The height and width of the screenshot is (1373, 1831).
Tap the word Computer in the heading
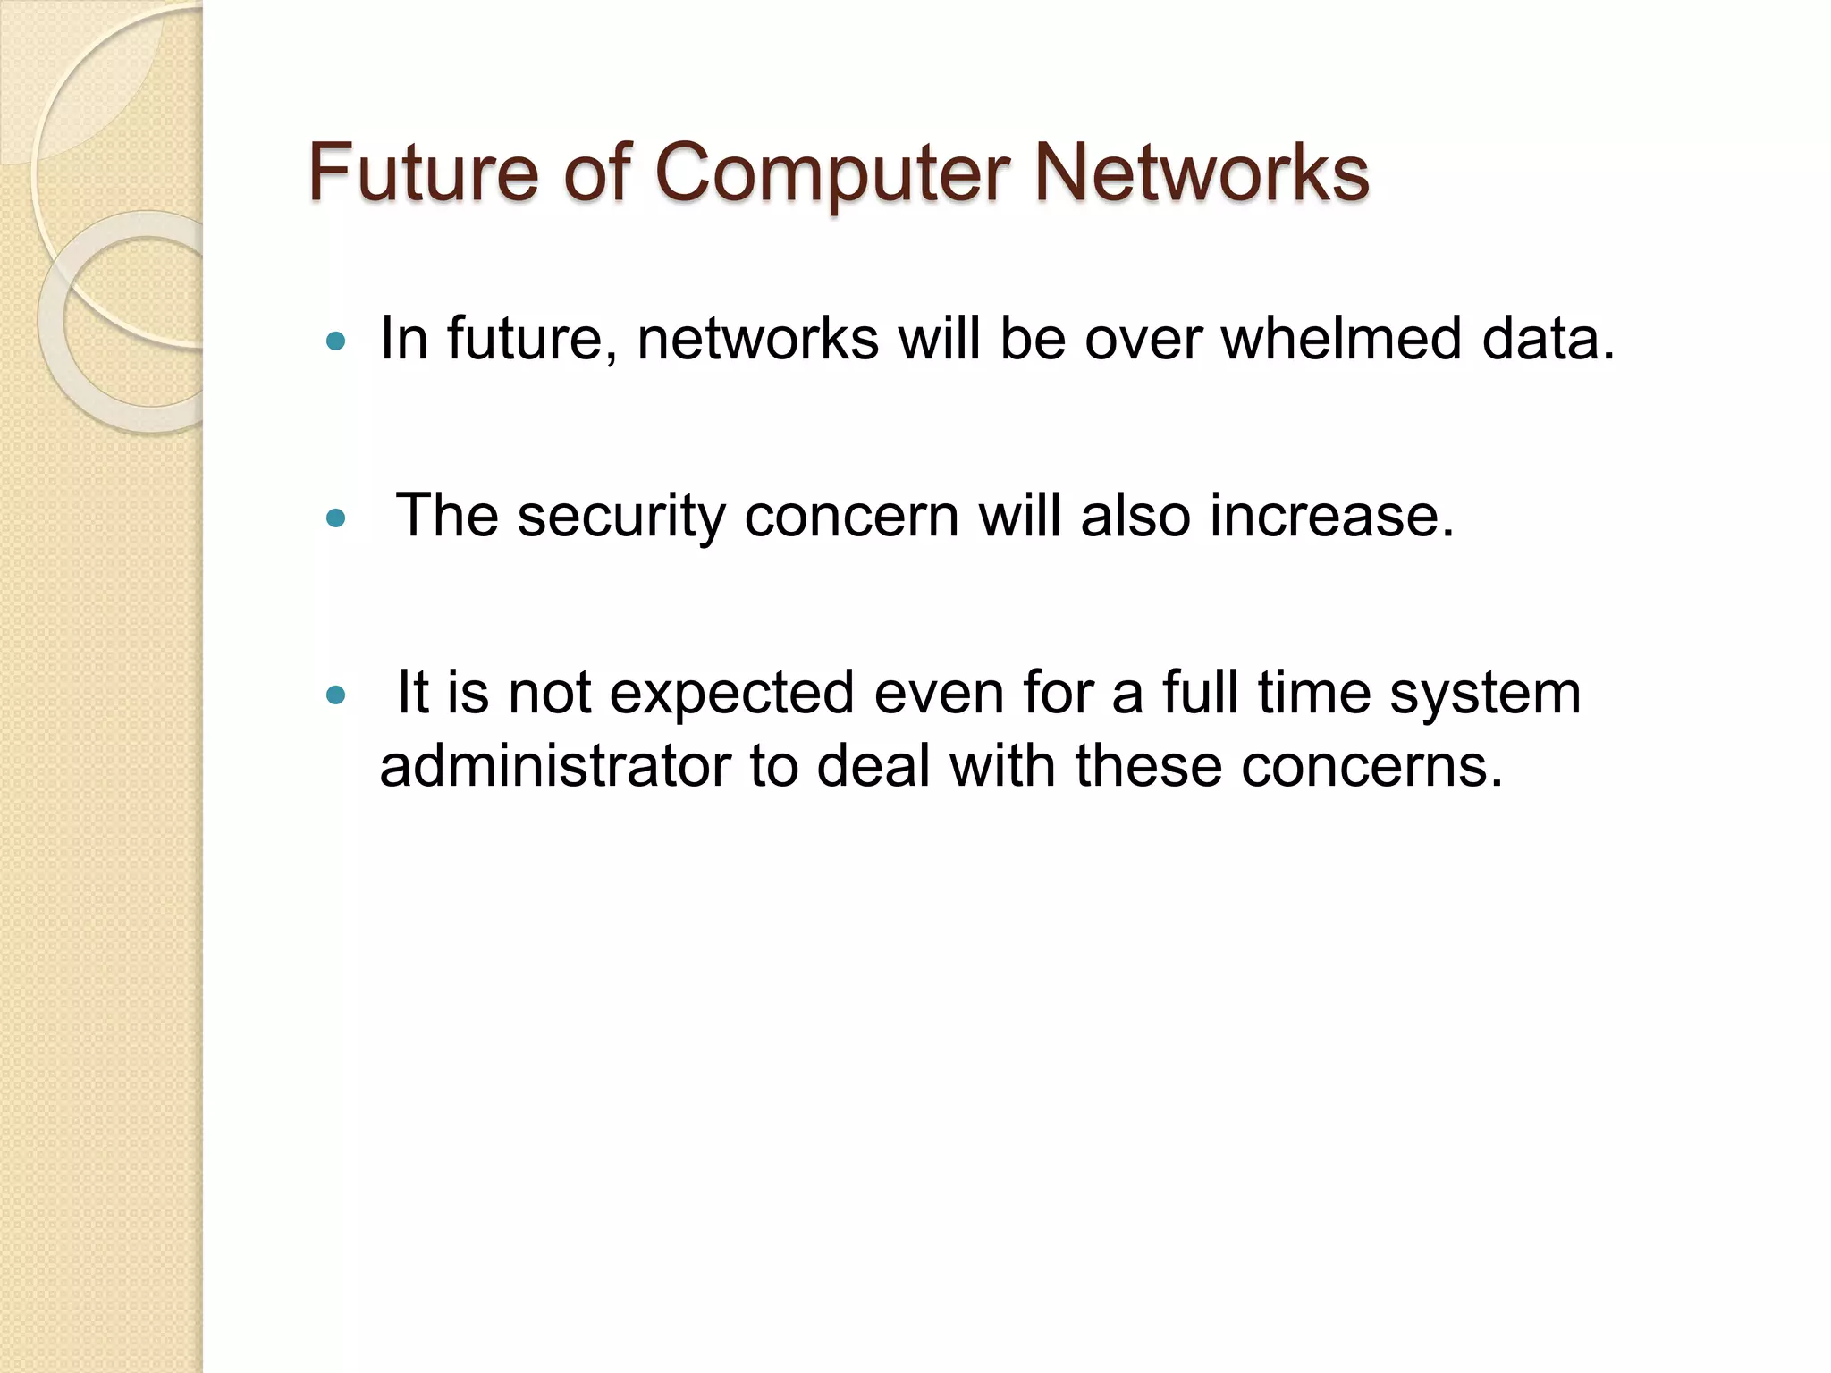831,173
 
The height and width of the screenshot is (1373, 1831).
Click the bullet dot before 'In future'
336,341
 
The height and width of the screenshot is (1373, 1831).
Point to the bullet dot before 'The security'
336,518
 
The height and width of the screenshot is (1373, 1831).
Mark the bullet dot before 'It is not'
336,695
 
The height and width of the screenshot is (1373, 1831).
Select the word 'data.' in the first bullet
1548,339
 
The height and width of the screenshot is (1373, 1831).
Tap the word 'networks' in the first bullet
758,339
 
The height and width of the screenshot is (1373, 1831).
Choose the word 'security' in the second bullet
621,518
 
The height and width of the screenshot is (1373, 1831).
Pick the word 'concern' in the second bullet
851,516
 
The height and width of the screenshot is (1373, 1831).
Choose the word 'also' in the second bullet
1135,516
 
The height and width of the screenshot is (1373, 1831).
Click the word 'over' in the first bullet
1143,339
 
